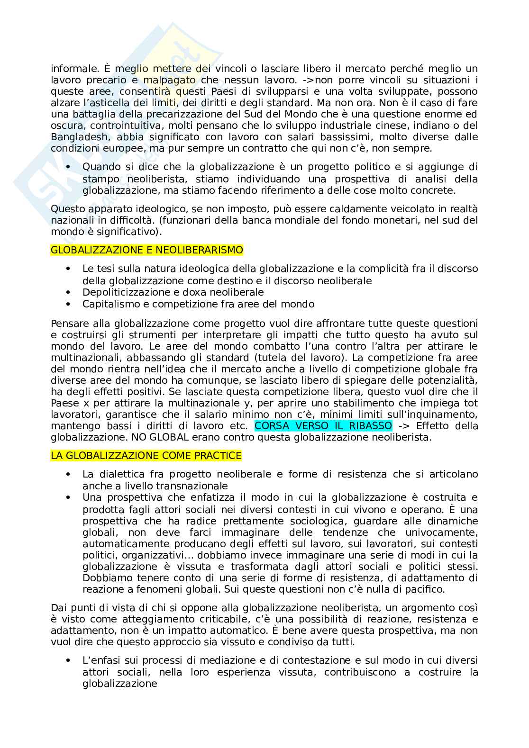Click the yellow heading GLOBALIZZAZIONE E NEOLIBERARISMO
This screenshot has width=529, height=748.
(x=146, y=250)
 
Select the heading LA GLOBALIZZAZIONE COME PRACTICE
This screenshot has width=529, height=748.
(x=146, y=456)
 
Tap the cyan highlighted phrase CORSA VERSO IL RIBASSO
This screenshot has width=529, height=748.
(x=323, y=425)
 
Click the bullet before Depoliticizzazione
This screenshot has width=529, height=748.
(x=69, y=292)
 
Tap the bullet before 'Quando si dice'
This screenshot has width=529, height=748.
(x=69, y=167)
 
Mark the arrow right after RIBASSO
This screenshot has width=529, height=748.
(x=401, y=425)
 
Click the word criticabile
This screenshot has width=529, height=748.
(x=219, y=619)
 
